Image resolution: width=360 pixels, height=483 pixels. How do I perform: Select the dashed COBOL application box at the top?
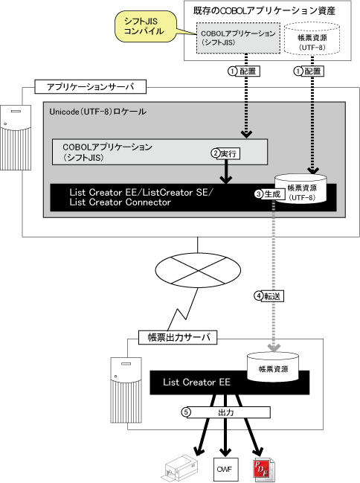(238, 38)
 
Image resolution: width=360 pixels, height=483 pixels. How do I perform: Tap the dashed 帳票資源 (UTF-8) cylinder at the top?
(312, 39)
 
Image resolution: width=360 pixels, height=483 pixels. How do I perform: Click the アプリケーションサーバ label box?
(90, 87)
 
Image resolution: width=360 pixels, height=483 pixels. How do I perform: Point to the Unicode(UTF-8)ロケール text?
(98, 112)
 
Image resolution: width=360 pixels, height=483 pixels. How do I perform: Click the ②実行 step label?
(225, 153)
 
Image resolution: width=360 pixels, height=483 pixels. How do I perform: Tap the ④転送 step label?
(269, 296)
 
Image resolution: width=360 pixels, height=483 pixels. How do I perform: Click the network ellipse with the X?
(198, 270)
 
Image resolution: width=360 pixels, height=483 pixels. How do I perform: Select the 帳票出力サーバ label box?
(178, 338)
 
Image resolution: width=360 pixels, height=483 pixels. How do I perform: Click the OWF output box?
(225, 469)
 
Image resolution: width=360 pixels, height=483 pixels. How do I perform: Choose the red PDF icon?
(264, 470)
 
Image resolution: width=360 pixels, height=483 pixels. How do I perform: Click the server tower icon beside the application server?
(16, 138)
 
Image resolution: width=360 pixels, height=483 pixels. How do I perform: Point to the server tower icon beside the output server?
(126, 390)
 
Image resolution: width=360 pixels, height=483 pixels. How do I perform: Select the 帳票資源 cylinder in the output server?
(273, 367)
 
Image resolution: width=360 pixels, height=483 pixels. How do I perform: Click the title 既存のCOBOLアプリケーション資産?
(264, 11)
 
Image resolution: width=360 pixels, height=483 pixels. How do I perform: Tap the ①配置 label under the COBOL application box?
(244, 71)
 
